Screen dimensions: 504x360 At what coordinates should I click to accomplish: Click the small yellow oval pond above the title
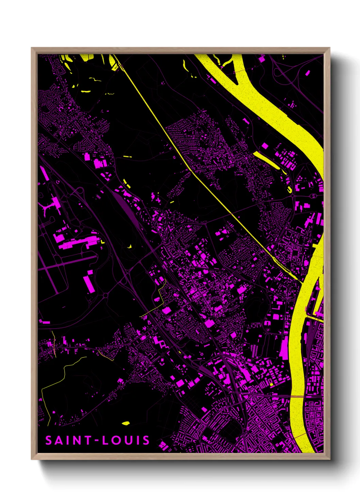[x=126, y=423]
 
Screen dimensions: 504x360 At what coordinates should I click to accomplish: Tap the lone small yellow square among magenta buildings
[x=271, y=384]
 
